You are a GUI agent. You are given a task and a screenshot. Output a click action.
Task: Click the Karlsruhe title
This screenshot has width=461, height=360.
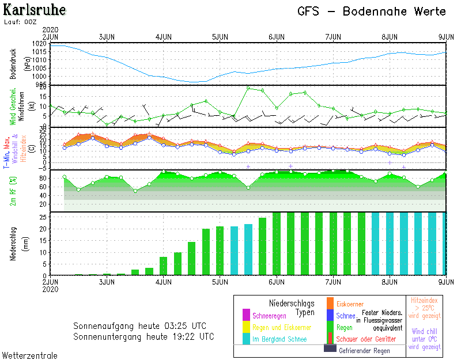coord(35,10)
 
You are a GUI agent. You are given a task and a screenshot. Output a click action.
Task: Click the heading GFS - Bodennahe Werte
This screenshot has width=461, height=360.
coord(372,12)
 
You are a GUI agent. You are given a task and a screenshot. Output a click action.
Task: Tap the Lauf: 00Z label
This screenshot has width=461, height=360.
coord(20,22)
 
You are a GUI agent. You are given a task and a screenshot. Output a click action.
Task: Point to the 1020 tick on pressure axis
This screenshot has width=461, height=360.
coord(40,44)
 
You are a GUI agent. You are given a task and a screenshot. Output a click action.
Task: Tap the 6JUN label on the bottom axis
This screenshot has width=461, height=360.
coord(277,282)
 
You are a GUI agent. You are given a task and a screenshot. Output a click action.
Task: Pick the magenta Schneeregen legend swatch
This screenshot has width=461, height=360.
coord(246,315)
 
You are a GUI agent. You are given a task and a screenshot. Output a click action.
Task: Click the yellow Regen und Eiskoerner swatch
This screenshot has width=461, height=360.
coord(246,327)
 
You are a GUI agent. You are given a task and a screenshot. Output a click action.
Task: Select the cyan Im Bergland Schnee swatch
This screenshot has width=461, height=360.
coord(246,339)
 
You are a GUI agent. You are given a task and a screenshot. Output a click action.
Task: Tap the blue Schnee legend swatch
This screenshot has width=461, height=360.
coord(330,315)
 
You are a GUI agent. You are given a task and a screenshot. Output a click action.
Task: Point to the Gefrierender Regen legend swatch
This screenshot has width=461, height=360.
coord(330,349)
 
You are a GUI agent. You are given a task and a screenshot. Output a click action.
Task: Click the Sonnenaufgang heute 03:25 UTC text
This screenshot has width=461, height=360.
coord(139,326)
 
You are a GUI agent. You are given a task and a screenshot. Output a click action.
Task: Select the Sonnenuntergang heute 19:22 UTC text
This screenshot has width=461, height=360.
coord(143,336)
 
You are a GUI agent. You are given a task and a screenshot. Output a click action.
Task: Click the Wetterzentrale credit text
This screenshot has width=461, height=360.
coord(30,355)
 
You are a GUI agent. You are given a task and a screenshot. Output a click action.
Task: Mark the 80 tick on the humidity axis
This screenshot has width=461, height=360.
coord(43,177)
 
